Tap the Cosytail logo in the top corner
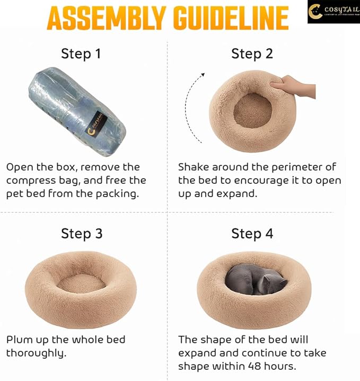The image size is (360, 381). click(x=333, y=12)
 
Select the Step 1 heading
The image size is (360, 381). click(x=82, y=54)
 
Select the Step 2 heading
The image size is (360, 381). click(x=252, y=54)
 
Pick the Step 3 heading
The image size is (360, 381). click(x=82, y=234)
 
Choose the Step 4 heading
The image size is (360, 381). click(x=252, y=234)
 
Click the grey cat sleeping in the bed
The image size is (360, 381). click(x=254, y=279)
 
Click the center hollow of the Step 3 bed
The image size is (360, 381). click(x=81, y=283)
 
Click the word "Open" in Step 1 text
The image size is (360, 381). click(x=19, y=167)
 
